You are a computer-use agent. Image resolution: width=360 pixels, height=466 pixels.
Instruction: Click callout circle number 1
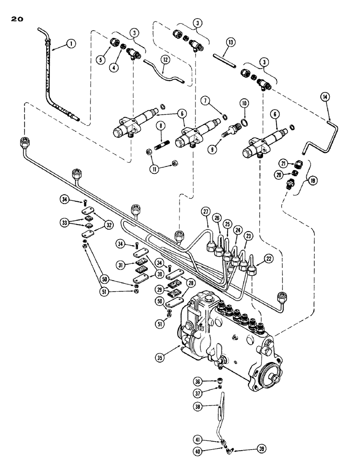pyautogui.click(x=70, y=43)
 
